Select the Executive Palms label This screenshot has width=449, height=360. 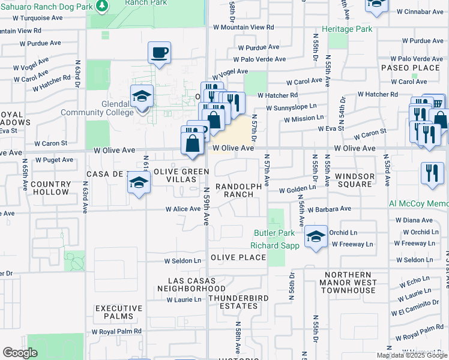[x=119, y=313]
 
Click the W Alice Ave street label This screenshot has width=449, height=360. [x=183, y=209]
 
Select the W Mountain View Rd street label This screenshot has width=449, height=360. [x=243, y=28]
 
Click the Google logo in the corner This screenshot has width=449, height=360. [x=20, y=353]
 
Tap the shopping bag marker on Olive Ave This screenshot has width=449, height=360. [x=192, y=144]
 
